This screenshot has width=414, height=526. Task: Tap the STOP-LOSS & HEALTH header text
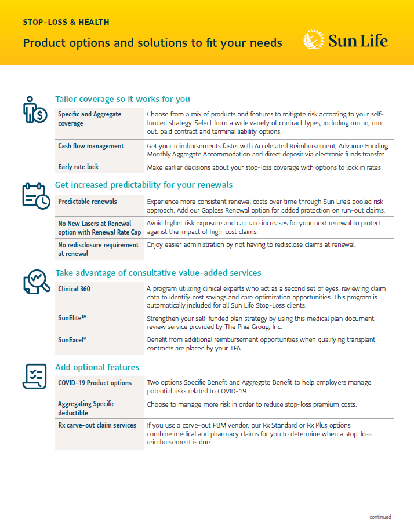(66, 22)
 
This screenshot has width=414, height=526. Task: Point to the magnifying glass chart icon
(36, 282)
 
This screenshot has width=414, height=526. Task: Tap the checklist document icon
(35, 376)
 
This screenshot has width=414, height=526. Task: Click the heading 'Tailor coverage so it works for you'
(122, 99)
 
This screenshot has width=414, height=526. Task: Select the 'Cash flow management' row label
(91, 146)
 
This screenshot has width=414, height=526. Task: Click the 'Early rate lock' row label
(78, 167)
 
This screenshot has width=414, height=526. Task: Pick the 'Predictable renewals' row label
(88, 202)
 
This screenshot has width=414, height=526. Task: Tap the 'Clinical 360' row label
(74, 288)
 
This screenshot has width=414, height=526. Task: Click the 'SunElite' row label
(72, 319)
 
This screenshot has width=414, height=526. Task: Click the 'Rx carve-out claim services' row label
(97, 425)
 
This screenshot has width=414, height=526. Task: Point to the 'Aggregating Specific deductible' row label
(86, 408)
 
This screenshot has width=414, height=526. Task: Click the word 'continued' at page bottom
(380, 517)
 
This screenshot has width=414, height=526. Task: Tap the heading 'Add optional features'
(97, 367)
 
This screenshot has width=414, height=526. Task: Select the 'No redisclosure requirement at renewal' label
(98, 249)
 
